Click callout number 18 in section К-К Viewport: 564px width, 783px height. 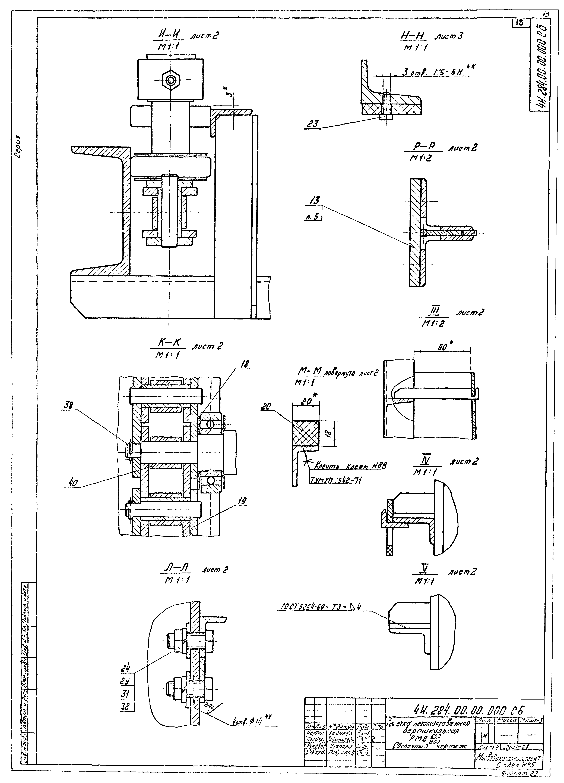pos(245,364)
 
